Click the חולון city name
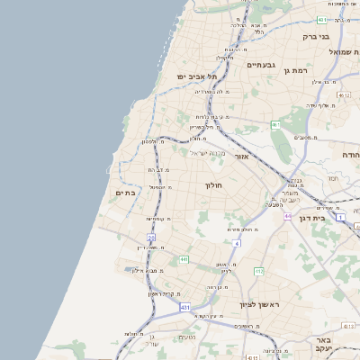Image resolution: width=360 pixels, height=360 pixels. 213,185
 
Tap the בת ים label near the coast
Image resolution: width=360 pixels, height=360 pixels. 125,192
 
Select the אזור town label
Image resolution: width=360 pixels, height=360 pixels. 241,157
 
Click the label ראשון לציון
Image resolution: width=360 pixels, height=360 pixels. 259,305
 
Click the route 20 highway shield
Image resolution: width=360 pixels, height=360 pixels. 152,238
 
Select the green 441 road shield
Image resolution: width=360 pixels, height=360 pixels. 184,259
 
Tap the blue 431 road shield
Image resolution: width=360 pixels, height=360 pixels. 184,307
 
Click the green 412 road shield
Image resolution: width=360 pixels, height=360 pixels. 259,271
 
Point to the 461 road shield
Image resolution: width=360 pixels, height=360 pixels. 275,124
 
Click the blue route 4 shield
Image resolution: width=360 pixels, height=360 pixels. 236,243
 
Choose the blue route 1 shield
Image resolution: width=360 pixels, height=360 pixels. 340,217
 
